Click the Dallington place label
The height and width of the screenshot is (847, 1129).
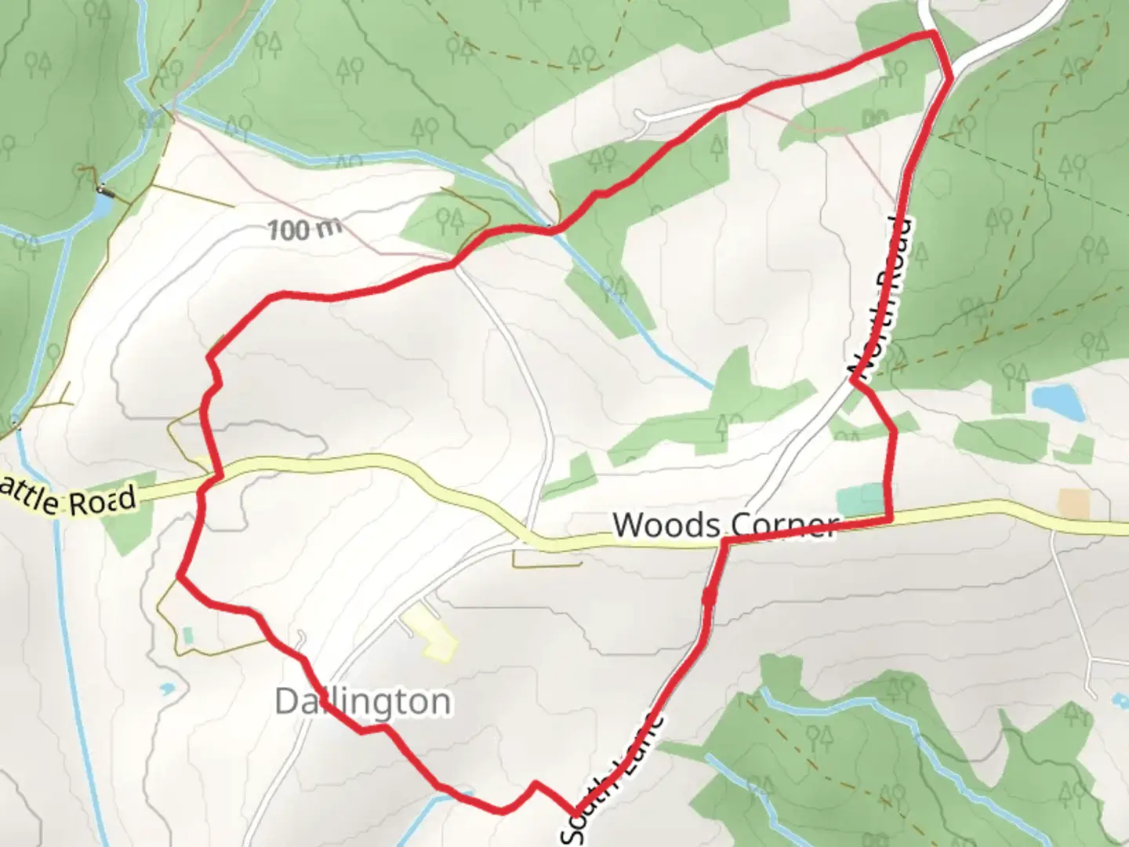click(x=363, y=701)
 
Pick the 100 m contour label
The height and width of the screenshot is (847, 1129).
click(x=304, y=229)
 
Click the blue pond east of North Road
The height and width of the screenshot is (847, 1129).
click(x=1057, y=401)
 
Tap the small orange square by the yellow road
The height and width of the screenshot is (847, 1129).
click(x=1074, y=503)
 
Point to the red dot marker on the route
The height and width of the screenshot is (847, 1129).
click(x=709, y=598)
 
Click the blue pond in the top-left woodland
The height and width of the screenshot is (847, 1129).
click(x=100, y=206)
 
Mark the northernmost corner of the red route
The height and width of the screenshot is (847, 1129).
click(x=931, y=34)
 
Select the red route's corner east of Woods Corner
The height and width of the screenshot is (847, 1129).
click(x=889, y=518)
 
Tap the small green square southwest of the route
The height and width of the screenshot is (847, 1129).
click(x=187, y=634)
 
